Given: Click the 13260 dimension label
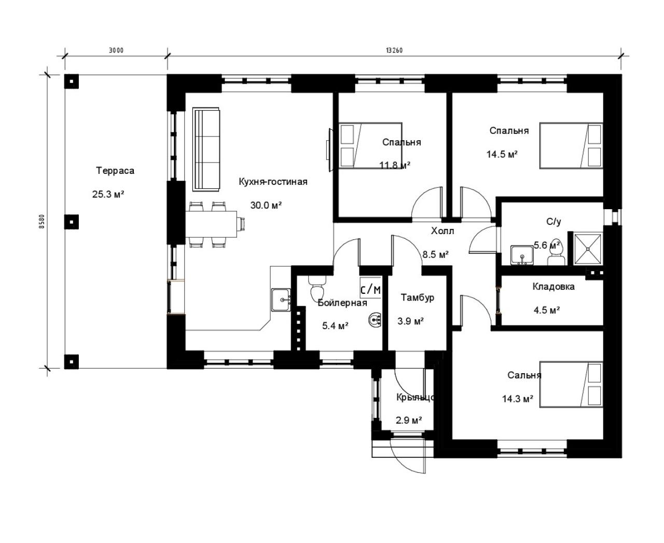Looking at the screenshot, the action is [394, 50].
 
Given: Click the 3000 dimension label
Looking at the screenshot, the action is [116, 50].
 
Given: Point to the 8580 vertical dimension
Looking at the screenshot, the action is [42, 221].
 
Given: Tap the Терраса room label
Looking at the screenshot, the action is [115, 171].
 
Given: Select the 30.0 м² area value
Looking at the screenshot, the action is [266, 205].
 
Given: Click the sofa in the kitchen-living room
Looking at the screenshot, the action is [206, 150].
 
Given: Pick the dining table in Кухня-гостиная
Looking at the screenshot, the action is [211, 224].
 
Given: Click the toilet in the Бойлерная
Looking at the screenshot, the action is [317, 288].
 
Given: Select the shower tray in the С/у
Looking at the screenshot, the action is [588, 248].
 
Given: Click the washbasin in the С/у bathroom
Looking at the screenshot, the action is [522, 255].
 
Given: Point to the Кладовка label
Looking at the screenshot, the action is [554, 287].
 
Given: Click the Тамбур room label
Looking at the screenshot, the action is [418, 297].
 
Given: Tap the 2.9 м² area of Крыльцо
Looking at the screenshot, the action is [409, 420].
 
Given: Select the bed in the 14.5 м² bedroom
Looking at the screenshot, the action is [571, 145].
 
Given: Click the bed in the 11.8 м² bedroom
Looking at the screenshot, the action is [370, 145].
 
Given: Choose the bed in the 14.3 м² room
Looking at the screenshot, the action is [571, 385].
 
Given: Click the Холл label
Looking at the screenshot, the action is [442, 231].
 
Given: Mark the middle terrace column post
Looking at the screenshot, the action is [72, 222].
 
